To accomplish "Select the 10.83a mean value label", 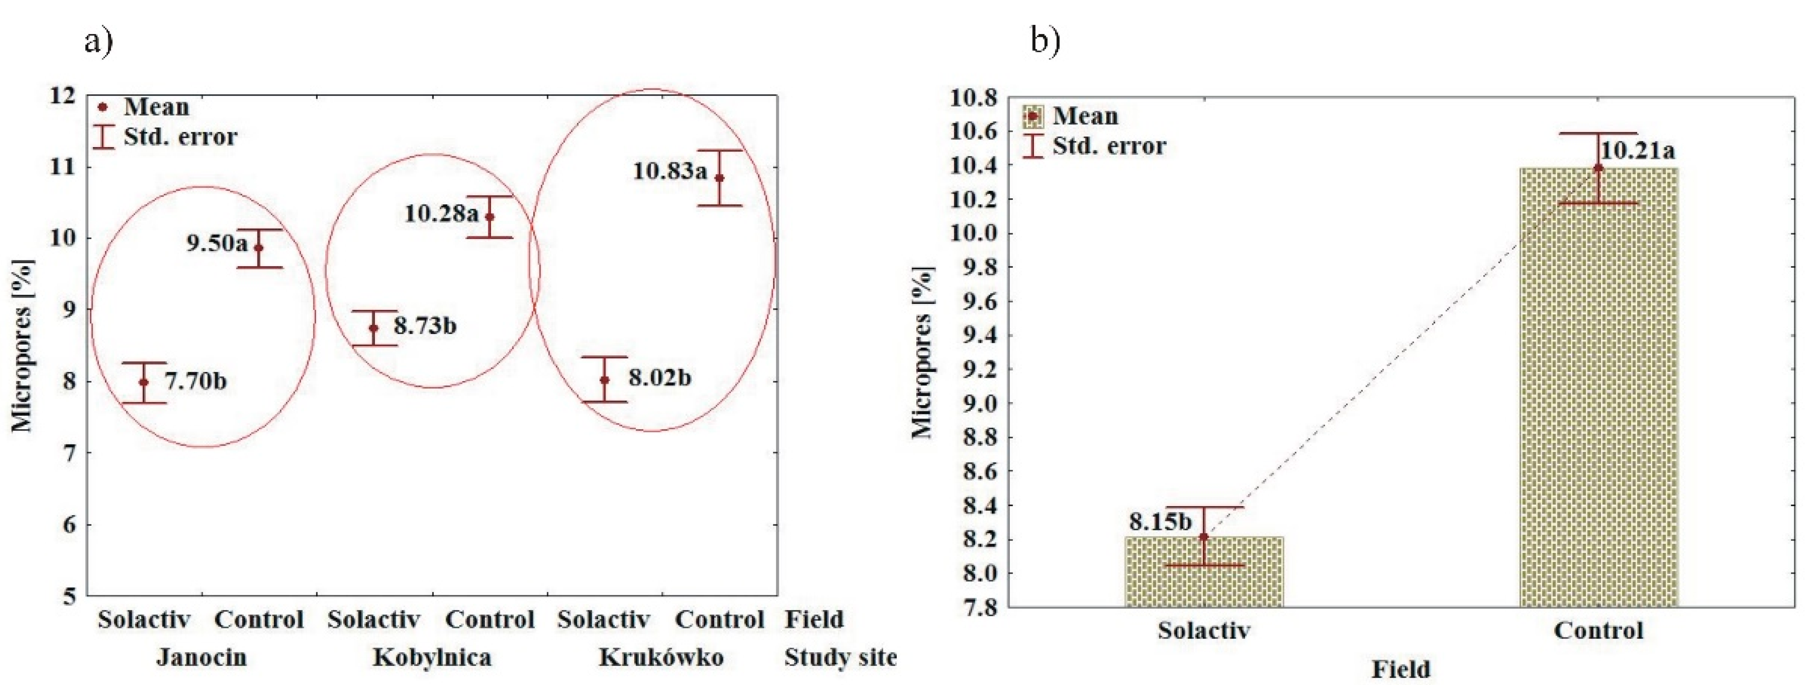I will pos(669,171).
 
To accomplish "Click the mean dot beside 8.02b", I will pos(605,380).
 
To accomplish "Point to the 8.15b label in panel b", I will pos(1160,522).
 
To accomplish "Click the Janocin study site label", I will pos(202,658).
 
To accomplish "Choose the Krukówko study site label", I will pos(661,658).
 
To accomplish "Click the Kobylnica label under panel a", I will pos(432,658).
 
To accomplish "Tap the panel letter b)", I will pos(1045,41).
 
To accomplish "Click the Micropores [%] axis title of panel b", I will pos(922,352).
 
